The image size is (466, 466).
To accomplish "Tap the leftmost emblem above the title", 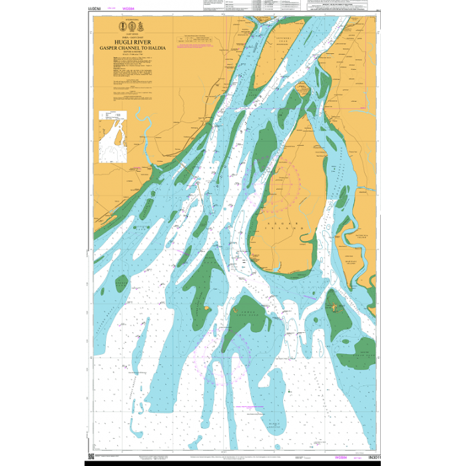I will (x=121, y=27).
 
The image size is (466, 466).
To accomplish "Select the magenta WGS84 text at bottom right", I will (x=340, y=457).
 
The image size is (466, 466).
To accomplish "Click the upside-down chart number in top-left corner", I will (x=88, y=11).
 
